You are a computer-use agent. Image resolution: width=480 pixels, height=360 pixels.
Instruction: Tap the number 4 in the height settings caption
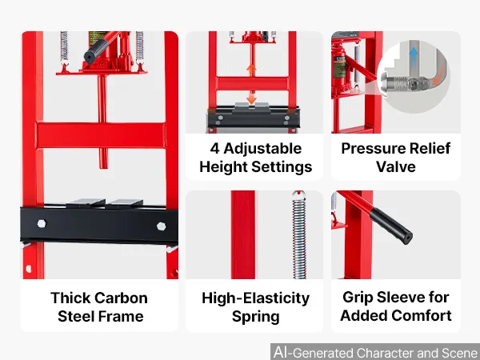pos(214,149)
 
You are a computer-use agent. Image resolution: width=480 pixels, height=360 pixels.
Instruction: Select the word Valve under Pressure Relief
pos(396,167)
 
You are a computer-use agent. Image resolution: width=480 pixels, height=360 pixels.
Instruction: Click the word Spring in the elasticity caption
pos(256,317)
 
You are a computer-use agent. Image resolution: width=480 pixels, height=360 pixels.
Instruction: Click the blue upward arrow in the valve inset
pos(414,54)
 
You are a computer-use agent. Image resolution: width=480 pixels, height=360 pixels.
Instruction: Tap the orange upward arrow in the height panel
pos(252,70)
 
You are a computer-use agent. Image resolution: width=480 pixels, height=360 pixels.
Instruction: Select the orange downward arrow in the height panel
pos(252,98)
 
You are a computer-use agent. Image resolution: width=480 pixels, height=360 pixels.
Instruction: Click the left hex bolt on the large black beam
pos(42,224)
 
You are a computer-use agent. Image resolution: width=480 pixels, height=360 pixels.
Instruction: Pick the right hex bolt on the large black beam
pos(162,226)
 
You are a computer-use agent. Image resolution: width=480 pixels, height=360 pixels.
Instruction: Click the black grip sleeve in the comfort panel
pos(391,226)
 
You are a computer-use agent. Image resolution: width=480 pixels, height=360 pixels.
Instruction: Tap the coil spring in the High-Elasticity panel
pos(299,235)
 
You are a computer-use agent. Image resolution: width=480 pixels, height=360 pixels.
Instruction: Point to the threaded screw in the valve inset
pos(396,83)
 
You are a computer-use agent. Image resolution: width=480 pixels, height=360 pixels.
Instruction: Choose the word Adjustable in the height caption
pos(262,149)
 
